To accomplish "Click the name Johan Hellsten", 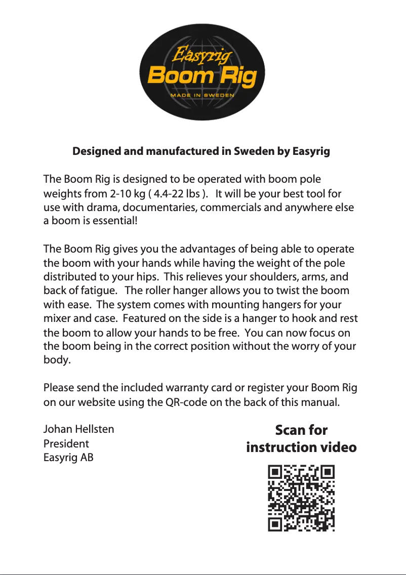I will pos(78,430).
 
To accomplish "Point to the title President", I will pos(66,444).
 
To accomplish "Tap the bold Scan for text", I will pos(301,430).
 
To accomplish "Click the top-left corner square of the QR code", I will pos(275,473).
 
